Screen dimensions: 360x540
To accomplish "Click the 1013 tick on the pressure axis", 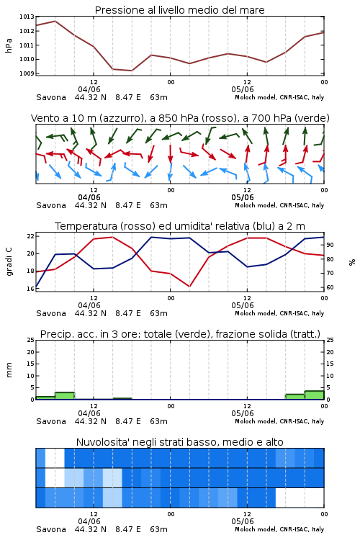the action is tap(27, 17).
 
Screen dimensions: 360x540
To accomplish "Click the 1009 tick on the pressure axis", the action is tap(27, 73).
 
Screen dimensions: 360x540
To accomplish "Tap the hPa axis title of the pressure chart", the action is tap(9, 45).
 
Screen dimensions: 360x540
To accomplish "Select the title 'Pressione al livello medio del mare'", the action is tap(179, 10).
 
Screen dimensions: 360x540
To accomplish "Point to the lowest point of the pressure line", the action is tap(132, 71).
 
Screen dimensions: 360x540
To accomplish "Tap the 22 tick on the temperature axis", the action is tap(30, 236).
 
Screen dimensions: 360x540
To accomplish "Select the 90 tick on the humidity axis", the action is tap(330, 245).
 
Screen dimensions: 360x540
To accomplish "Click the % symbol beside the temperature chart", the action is tap(352, 262).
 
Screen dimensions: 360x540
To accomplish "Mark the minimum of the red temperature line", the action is tap(189, 286).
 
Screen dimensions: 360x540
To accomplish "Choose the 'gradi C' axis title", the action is tap(9, 262).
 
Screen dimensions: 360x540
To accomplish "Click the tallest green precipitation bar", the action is tap(314, 395).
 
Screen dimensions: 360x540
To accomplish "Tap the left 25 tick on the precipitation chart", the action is tap(30, 340).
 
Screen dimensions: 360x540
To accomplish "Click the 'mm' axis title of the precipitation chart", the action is tap(9, 370).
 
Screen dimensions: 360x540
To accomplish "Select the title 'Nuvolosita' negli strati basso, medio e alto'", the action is tap(179, 442).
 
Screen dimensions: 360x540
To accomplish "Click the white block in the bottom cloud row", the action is tap(300, 498).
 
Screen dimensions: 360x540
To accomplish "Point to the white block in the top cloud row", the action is tap(55, 458).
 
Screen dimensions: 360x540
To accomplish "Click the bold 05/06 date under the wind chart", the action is tap(243, 197).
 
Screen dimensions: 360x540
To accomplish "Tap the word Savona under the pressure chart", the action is tap(51, 97).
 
